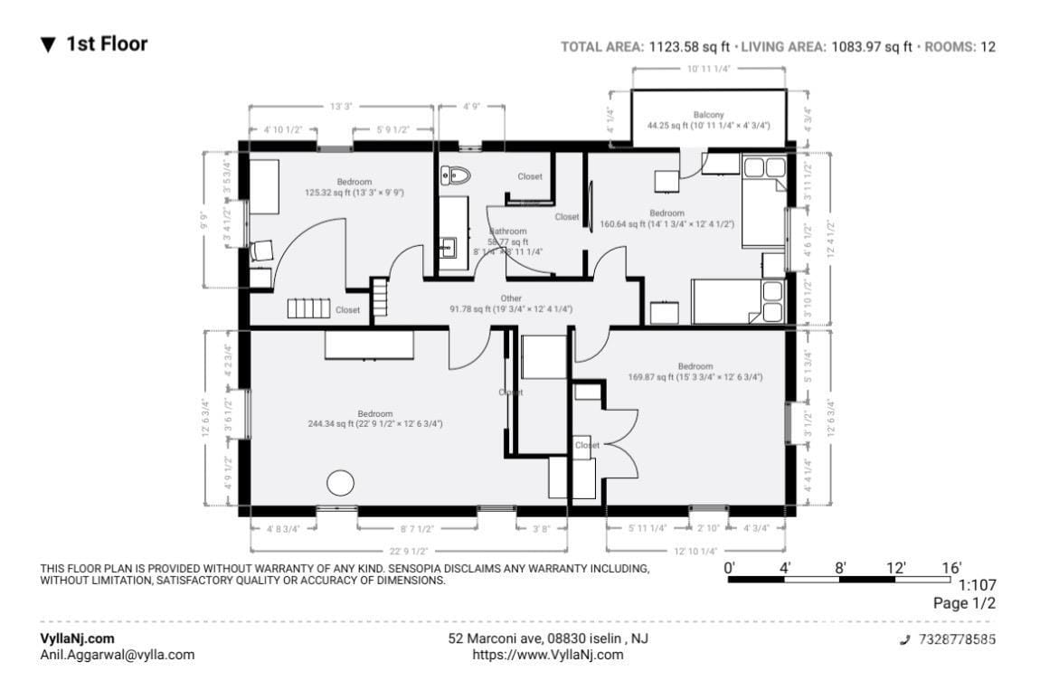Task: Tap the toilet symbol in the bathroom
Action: tap(455, 175)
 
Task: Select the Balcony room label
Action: tap(708, 115)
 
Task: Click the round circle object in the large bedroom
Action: tap(340, 483)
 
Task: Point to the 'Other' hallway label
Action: tap(511, 298)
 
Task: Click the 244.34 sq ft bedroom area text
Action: tap(374, 423)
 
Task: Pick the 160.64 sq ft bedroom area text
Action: tap(667, 224)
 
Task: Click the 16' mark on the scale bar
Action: tap(951, 567)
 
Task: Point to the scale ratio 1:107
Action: tap(977, 585)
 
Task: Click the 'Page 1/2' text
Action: tap(965, 603)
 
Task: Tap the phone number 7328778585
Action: tap(957, 639)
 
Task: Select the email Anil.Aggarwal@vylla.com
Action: tap(118, 655)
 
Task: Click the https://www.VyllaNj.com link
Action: tap(548, 655)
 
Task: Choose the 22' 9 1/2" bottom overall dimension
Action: tap(409, 550)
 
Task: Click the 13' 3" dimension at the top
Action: tap(340, 107)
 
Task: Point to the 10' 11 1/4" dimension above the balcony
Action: tap(708, 69)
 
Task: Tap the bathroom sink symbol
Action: tap(448, 245)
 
